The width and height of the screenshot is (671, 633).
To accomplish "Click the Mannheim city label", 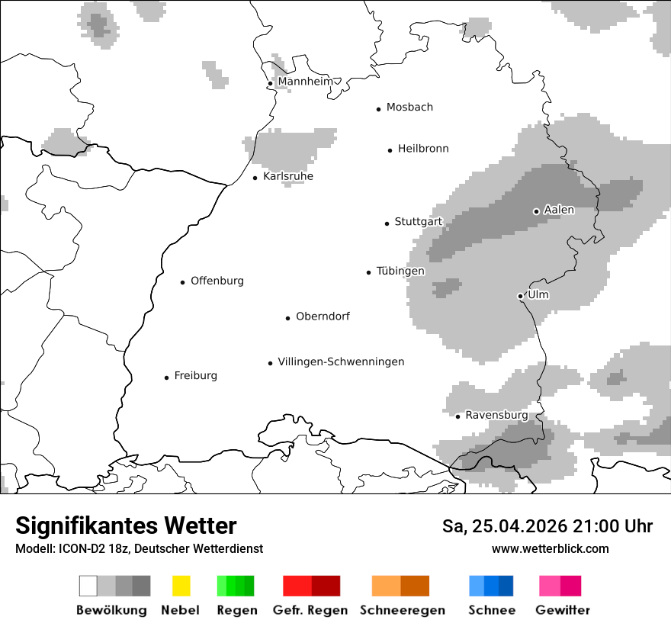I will [305, 82].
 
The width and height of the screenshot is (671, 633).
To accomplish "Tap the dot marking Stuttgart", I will [387, 223].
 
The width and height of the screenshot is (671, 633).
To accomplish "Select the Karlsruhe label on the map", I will [287, 176].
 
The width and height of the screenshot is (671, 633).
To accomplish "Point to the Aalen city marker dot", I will [536, 211].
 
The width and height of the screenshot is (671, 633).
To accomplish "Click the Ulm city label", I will [538, 294].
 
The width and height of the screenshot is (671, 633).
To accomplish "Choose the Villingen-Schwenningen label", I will [341, 361].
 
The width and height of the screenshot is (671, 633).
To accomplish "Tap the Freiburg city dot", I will [166, 378].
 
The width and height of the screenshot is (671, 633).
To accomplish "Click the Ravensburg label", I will [496, 415].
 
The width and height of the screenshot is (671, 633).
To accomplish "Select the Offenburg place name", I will [217, 281].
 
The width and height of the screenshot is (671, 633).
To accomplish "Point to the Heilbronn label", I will [422, 149].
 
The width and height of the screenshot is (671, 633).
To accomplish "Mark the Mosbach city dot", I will [378, 109].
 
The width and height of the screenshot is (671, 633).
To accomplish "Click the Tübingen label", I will [400, 271].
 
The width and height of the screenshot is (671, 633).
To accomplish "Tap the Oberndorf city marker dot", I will [287, 318].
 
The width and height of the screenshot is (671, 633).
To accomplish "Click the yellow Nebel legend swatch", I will [181, 586].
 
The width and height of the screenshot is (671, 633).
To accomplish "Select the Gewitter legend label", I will [562, 610].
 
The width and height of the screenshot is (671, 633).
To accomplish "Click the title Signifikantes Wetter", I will [126, 525].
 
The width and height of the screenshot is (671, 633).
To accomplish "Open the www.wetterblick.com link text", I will [550, 548].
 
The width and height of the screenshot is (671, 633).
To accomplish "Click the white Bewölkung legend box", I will [88, 586].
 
